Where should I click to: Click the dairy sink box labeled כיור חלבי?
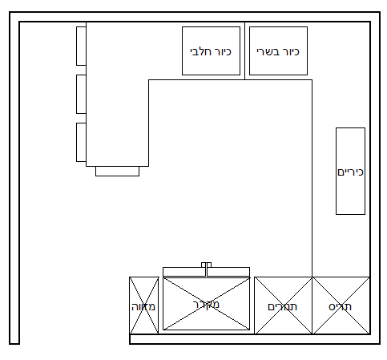[x=211, y=51]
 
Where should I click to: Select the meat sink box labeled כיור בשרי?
[x=278, y=51]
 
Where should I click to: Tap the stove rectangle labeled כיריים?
[x=350, y=171]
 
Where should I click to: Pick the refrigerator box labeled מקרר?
[x=206, y=304]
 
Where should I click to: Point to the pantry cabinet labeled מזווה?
[x=143, y=305]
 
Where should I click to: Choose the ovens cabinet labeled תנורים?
[x=283, y=305]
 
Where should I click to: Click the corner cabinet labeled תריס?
[x=341, y=305]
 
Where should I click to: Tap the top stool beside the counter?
[x=81, y=46]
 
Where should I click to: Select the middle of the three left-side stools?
[x=81, y=94]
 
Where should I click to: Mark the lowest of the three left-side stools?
[x=81, y=142]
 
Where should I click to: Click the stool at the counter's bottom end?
[x=117, y=171]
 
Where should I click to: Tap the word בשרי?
[x=267, y=51]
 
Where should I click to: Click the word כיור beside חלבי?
[x=222, y=51]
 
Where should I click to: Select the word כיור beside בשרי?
[x=290, y=51]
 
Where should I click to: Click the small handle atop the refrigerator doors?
[x=206, y=265]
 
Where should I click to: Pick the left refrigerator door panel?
[x=184, y=272]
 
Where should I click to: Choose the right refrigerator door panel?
[x=228, y=272]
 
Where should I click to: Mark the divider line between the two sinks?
[x=244, y=51]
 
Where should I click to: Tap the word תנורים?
[x=282, y=307]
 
